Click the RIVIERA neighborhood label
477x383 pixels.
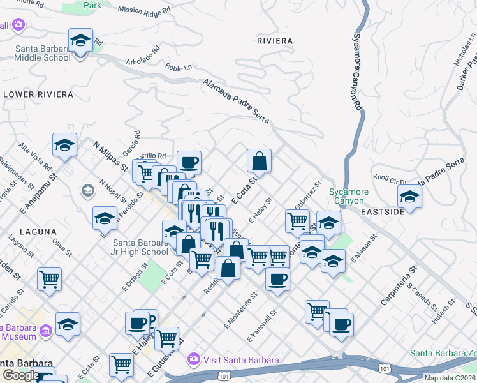tap(274, 41)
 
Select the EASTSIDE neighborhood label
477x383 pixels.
tap(383, 212)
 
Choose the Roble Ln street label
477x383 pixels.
tap(179, 68)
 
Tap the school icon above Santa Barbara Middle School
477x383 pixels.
tap(80, 40)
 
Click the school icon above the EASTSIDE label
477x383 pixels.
tap(409, 197)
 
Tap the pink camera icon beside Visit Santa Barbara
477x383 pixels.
tap(194, 360)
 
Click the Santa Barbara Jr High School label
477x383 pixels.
tap(141, 247)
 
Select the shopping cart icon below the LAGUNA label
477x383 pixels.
tap(49, 279)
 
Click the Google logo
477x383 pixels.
tap(20, 375)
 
